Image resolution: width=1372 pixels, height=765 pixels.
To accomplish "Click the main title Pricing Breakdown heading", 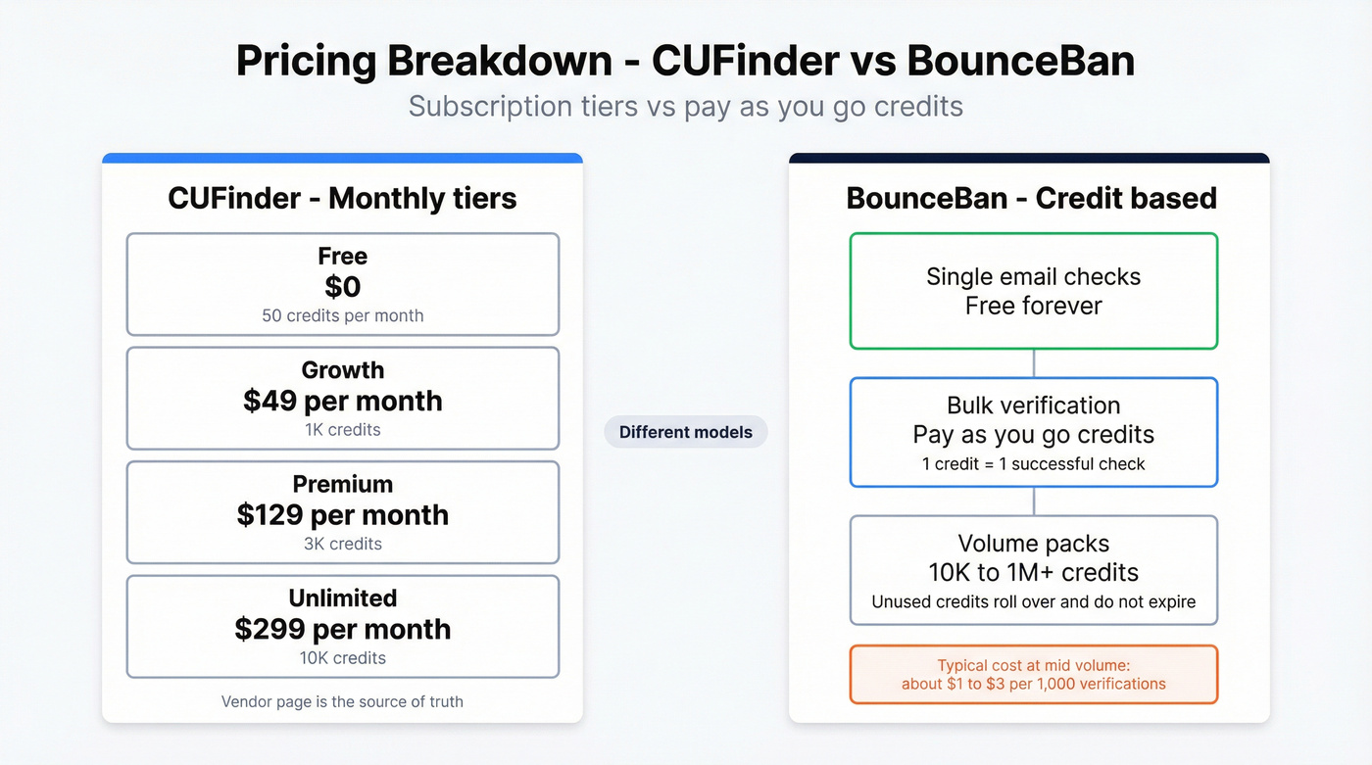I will (x=685, y=61).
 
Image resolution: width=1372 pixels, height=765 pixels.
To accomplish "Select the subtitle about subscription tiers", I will (x=685, y=106).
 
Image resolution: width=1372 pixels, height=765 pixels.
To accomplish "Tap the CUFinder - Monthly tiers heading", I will (x=342, y=198).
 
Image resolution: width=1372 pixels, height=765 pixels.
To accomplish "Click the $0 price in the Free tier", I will (x=342, y=287).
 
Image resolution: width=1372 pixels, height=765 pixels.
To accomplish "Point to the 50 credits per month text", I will (x=342, y=315).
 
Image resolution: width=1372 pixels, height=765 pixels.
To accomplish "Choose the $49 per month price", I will (x=342, y=401).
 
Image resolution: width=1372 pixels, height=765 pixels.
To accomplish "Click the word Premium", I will (x=342, y=484).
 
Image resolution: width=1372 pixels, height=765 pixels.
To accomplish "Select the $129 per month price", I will (x=342, y=515).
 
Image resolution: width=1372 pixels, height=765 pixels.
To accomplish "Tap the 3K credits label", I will (x=342, y=544).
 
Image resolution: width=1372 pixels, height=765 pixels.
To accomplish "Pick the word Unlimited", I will (x=342, y=598).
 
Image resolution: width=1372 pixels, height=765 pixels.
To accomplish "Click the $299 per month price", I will (x=342, y=629).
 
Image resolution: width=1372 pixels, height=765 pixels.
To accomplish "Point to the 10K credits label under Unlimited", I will (x=342, y=657).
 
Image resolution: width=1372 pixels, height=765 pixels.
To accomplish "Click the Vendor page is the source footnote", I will (x=342, y=701).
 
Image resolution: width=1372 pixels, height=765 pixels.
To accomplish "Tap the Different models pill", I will (x=685, y=432).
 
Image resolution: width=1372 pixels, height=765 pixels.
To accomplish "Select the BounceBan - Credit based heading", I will (x=1031, y=198).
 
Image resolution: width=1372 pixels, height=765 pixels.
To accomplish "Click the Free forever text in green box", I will (x=1033, y=306).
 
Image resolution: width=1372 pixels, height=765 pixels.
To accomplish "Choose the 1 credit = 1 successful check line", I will (x=1033, y=463).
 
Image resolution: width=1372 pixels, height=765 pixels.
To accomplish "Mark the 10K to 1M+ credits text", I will (x=1033, y=572).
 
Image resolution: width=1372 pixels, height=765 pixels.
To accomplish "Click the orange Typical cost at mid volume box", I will (x=1033, y=674).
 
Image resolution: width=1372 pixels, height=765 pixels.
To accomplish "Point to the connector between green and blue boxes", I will (x=1034, y=363).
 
